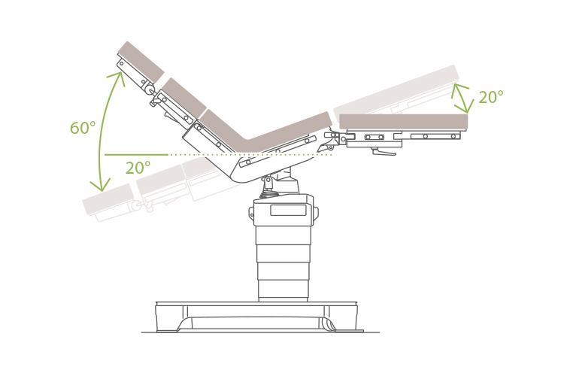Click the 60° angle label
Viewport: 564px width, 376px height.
click(82, 129)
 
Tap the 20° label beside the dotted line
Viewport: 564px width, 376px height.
click(138, 168)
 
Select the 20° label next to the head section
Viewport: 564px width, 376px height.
click(490, 98)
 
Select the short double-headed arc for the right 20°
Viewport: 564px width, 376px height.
click(461, 99)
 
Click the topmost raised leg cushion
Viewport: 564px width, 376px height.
click(141, 62)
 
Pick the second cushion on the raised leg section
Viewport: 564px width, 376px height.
click(183, 98)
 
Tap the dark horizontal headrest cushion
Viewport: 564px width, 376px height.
click(403, 121)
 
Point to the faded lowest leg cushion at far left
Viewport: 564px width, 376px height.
click(108, 199)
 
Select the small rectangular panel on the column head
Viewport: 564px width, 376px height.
click(288, 210)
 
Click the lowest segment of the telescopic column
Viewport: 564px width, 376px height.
click(283, 289)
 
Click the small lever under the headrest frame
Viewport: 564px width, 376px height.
click(384, 153)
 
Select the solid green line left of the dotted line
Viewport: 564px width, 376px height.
click(135, 155)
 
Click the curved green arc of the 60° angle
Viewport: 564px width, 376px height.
click(100, 128)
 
